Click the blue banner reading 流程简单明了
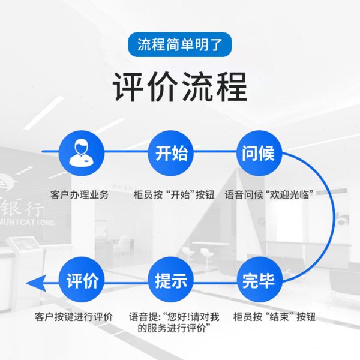tap(179, 45)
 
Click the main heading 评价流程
tap(179, 88)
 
